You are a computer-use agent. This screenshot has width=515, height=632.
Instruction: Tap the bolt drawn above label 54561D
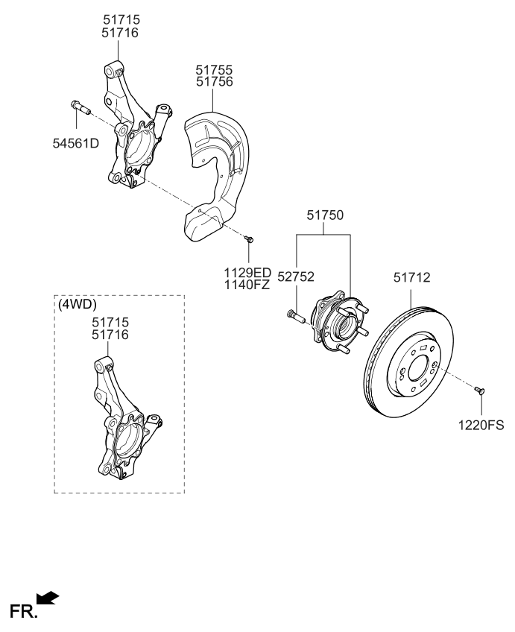point(80,108)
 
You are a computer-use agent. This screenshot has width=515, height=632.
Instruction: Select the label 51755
point(214,69)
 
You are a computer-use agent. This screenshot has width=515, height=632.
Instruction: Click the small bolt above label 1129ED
point(250,238)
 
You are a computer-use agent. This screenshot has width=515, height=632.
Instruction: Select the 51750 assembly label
point(324,215)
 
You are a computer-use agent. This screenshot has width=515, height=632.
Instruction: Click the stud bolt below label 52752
point(295,317)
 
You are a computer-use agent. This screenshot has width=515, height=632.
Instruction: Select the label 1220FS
point(481,426)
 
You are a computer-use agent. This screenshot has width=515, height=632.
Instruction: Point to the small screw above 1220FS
point(480,390)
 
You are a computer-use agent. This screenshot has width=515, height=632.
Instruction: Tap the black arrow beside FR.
point(47,598)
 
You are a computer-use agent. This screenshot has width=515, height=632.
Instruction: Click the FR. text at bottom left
point(19,613)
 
